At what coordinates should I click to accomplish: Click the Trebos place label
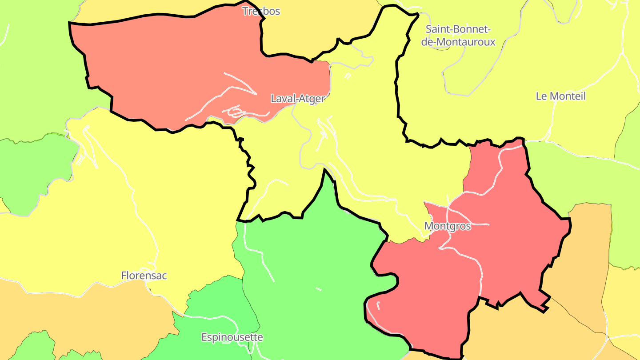click(x=261, y=11)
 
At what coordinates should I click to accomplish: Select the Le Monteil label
click(x=560, y=96)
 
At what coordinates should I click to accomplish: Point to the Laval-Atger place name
click(x=298, y=99)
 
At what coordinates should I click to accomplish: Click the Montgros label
click(x=447, y=226)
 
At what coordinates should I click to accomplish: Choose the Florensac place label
click(x=144, y=276)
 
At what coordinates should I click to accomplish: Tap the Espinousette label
click(x=232, y=337)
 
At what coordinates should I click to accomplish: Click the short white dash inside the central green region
click(x=318, y=289)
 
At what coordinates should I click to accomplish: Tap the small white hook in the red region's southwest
click(x=378, y=305)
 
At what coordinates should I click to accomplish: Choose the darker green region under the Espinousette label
click(x=213, y=311)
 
